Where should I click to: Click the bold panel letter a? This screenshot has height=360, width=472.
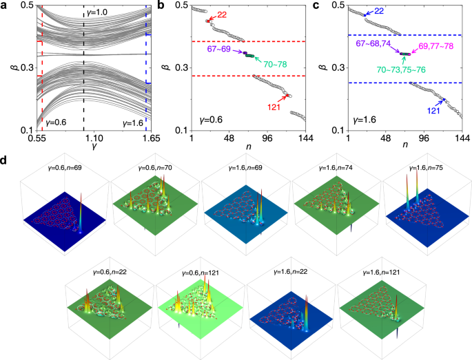(x=5, y=6)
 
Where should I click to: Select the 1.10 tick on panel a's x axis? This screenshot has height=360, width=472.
(x=84, y=138)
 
